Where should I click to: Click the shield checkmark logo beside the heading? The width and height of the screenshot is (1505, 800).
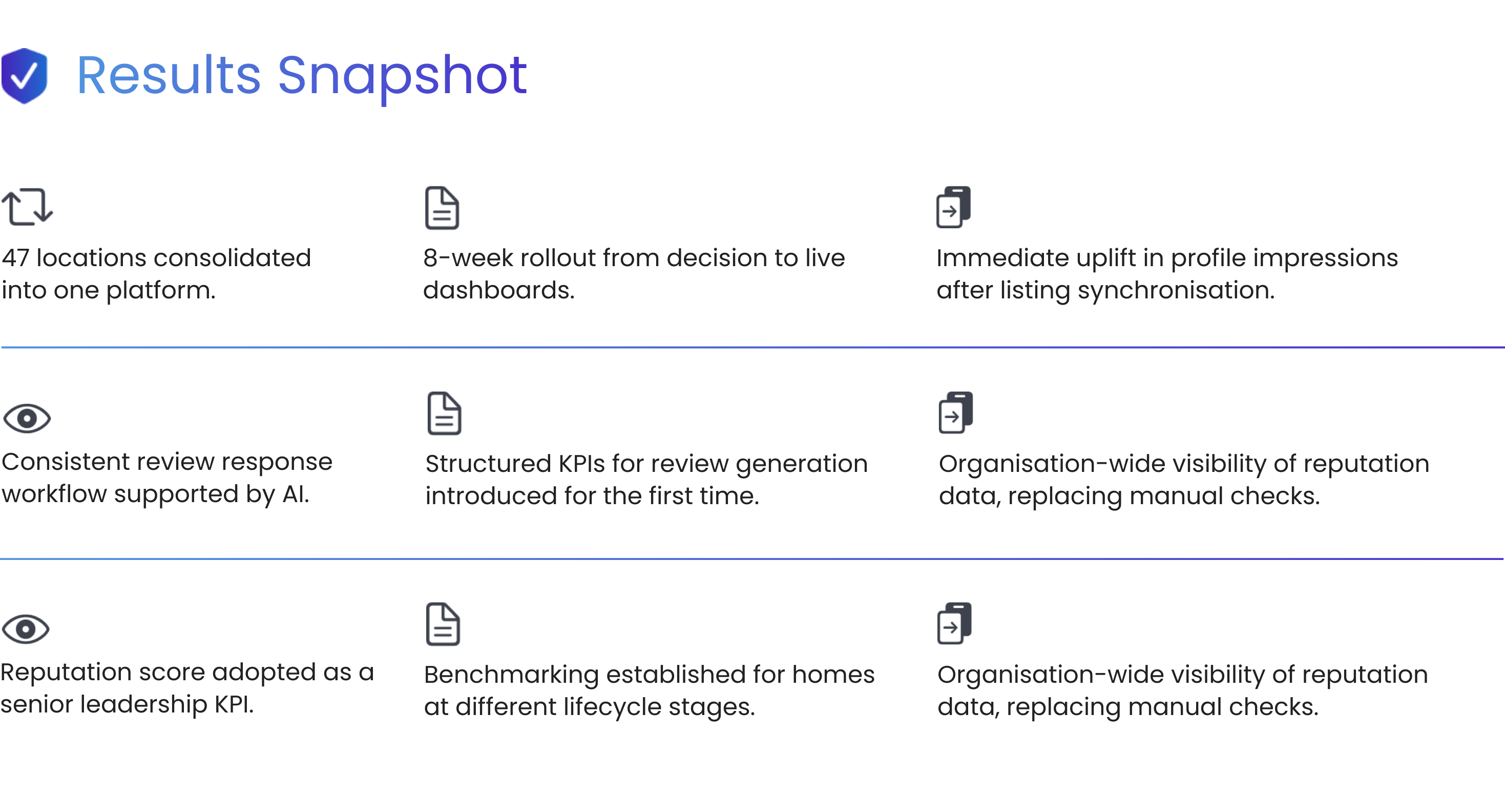click(24, 76)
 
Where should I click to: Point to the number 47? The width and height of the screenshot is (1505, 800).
click(15, 258)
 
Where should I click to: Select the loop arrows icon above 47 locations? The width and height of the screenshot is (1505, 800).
click(27, 207)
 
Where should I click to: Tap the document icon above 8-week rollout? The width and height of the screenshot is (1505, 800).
click(442, 208)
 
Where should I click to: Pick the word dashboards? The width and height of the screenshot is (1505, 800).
click(499, 290)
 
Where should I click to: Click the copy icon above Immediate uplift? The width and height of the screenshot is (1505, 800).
click(953, 207)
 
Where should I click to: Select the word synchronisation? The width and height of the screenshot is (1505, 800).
click(1176, 291)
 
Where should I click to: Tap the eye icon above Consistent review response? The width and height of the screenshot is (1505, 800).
click(27, 418)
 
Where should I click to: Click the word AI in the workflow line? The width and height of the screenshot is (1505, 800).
click(296, 494)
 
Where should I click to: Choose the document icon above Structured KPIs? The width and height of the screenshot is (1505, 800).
click(444, 414)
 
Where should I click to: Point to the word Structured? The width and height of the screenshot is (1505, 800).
click(488, 464)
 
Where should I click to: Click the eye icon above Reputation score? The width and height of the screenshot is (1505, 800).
click(26, 629)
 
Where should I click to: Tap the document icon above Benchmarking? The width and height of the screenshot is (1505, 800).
click(443, 624)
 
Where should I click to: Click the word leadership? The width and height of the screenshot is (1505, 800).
click(144, 705)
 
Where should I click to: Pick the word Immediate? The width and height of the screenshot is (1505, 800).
click(1002, 258)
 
